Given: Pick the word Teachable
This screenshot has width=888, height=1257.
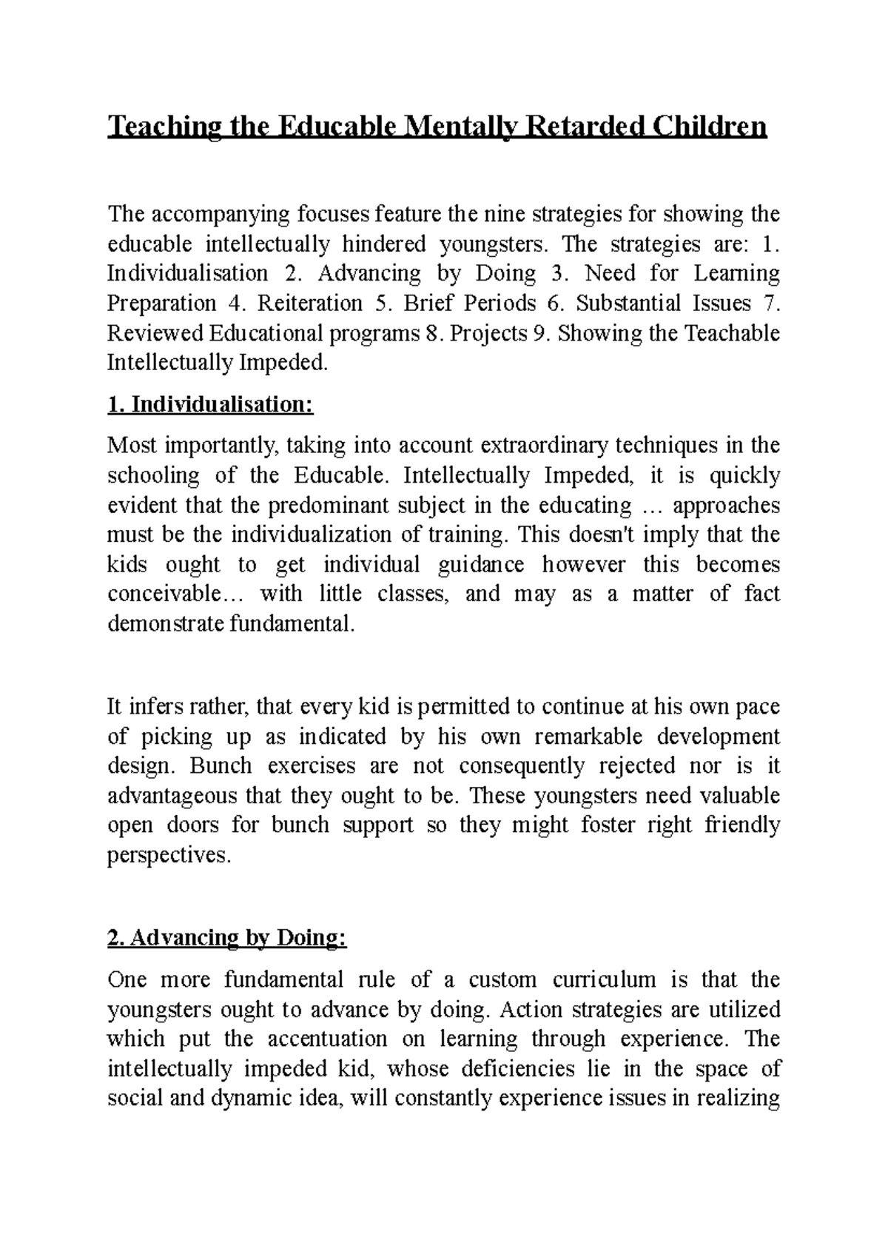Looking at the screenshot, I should tap(732, 333).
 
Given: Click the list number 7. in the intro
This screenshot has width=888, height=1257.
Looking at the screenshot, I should tap(770, 304).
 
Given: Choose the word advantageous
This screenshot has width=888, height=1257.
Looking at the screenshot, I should tap(172, 796).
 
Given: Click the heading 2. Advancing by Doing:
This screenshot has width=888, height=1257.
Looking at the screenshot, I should tap(226, 938).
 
